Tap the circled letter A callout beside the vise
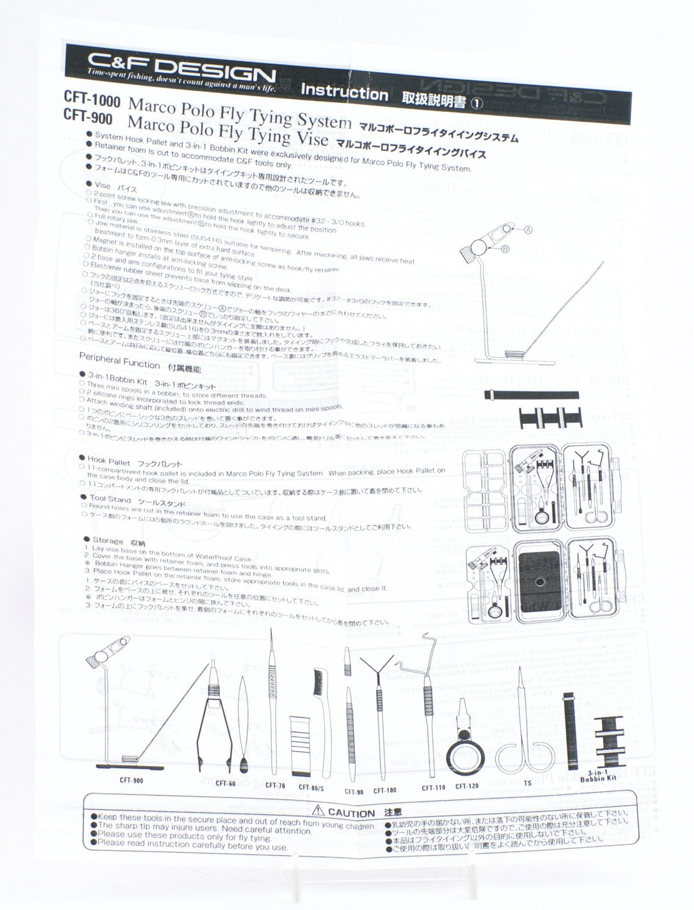click(x=527, y=229)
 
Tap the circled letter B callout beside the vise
click(x=504, y=250)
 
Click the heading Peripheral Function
click(x=119, y=361)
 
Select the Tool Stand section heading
click(x=110, y=498)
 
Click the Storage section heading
click(x=108, y=541)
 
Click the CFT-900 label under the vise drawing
click(x=131, y=780)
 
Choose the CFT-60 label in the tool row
click(x=226, y=783)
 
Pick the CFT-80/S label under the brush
click(x=311, y=787)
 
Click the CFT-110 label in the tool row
click(x=433, y=788)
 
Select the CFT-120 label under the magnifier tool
click(x=467, y=786)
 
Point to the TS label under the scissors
click(x=527, y=784)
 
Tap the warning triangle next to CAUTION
click(x=319, y=812)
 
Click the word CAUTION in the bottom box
click(x=351, y=813)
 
